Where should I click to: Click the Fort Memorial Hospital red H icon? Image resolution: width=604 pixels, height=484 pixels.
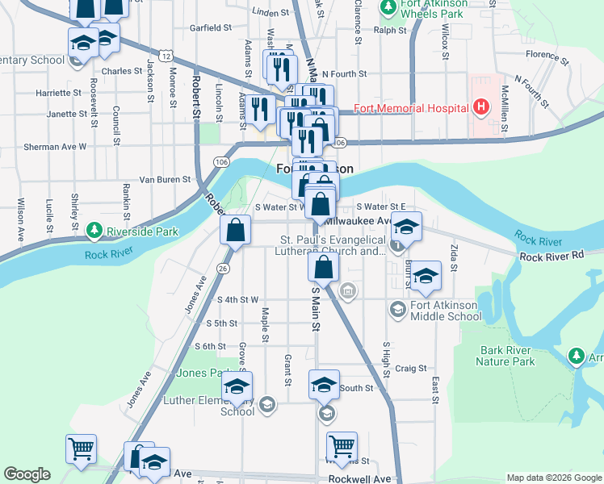point(481,107)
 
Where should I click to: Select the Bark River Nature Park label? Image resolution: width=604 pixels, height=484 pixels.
point(518,356)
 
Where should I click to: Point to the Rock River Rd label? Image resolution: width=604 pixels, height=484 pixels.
point(552,257)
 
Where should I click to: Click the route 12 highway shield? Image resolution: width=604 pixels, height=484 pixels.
point(166,56)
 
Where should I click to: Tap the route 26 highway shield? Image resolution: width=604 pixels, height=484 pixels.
point(224,268)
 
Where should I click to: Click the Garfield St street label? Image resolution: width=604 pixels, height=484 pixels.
point(211,27)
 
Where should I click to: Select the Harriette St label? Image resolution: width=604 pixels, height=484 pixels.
point(60,93)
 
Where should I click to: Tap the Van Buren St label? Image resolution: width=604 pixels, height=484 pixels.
point(165,179)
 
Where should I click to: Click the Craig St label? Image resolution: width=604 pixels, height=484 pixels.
point(411,368)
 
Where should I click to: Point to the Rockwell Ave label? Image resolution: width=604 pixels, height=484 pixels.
point(358,478)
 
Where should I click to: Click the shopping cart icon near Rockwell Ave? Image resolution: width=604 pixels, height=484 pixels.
point(342,446)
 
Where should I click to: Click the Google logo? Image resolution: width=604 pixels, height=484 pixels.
point(27,474)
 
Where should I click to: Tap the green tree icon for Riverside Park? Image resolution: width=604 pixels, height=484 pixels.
point(95,231)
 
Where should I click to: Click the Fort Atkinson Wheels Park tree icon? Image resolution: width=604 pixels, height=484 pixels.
point(388,8)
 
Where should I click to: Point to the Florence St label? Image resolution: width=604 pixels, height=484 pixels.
point(542,55)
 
